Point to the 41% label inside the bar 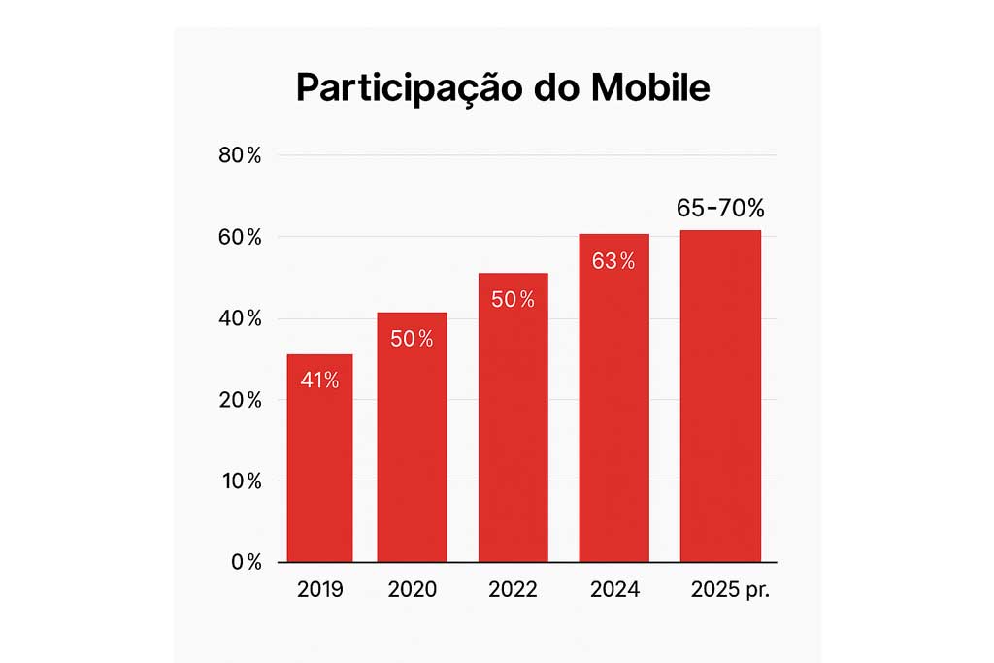tap(319, 381)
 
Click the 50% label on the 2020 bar tap(412, 339)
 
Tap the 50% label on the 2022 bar tap(513, 300)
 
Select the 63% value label tap(613, 261)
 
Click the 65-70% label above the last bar tap(720, 209)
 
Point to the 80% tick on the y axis tap(240, 155)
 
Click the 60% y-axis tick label tap(240, 237)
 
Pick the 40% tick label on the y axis tap(240, 318)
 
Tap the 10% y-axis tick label tap(240, 481)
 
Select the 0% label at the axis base tap(245, 562)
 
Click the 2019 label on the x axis tap(319, 590)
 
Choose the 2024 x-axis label tap(615, 590)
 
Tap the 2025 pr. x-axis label tap(729, 590)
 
